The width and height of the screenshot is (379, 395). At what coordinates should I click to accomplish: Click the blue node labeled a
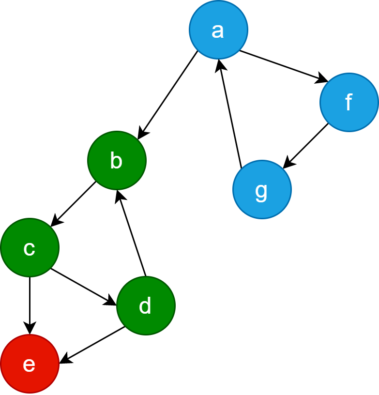coord(218,30)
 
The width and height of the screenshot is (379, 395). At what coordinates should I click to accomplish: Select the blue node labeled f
coord(349,102)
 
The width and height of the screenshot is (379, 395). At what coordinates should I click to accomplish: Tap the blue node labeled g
coord(262,189)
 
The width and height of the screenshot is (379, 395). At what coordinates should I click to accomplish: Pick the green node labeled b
coord(117,160)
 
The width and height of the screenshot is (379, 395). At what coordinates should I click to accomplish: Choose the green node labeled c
coord(30,247)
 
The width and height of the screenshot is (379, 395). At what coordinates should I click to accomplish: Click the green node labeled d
coord(146,305)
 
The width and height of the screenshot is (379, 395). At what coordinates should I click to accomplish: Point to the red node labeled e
coord(30,364)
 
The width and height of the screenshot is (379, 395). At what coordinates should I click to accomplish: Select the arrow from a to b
coord(167,95)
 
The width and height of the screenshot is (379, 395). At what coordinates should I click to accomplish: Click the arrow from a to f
coord(284,66)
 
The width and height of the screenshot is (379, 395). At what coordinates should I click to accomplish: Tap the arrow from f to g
coord(306,146)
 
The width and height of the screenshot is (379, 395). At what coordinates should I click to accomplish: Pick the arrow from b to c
coord(73,204)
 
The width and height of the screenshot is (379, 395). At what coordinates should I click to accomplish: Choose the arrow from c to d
coord(83,287)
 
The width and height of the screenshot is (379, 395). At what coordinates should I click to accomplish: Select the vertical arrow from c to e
coord(30,305)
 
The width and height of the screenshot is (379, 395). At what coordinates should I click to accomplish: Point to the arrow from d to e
coord(92,345)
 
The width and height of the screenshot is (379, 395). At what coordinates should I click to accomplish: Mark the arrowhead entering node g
coord(287,165)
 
